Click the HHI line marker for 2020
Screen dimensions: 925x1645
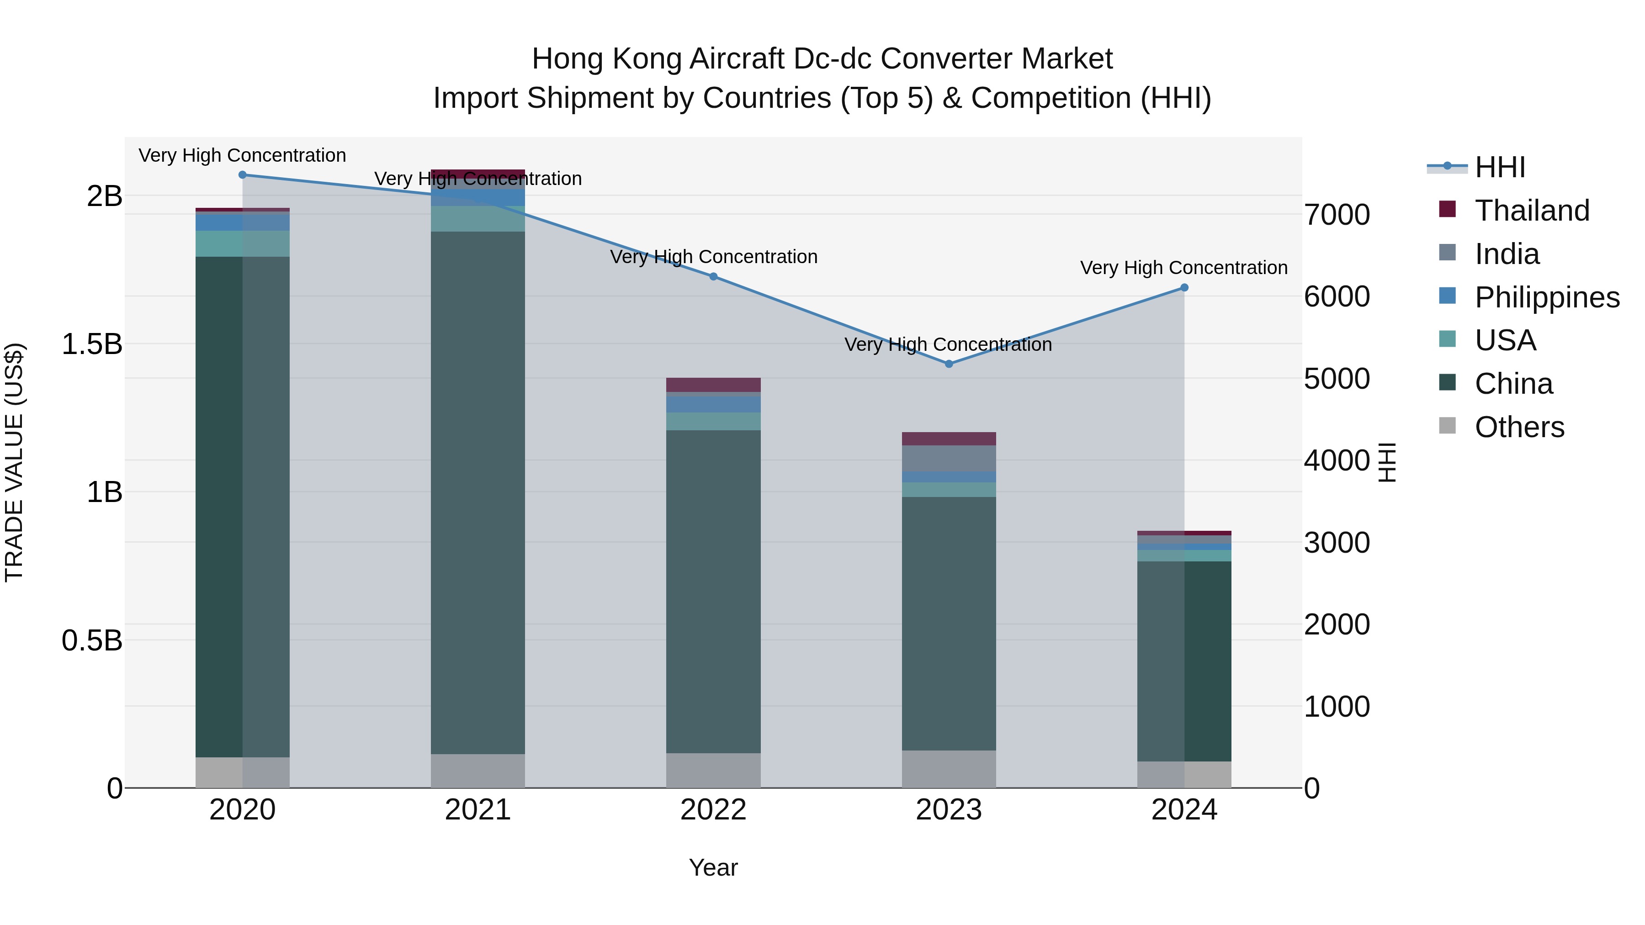tap(242, 175)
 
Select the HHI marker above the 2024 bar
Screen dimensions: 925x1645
tap(1184, 288)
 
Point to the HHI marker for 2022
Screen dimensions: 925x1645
tap(713, 276)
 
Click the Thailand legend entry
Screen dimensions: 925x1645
tap(1531, 211)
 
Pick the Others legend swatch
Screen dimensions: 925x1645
tap(1447, 426)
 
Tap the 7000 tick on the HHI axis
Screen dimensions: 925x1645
tap(1337, 215)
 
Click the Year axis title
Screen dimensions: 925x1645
tap(713, 868)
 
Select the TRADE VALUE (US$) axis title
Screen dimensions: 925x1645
tap(14, 462)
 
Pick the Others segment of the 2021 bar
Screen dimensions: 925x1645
tap(478, 771)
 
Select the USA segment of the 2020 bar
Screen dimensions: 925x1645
tap(242, 244)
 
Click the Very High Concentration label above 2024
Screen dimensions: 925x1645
tap(1183, 268)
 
